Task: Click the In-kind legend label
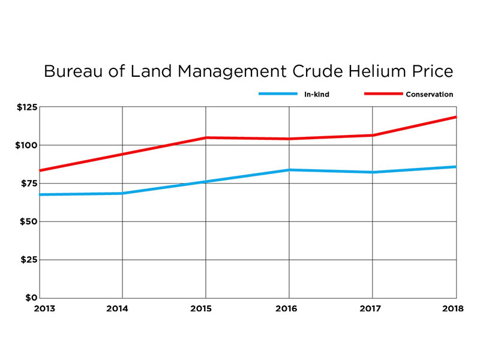(x=317, y=94)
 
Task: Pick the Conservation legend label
(x=430, y=94)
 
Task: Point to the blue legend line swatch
(x=278, y=94)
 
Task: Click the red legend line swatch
(x=383, y=94)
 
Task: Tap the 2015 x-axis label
(x=206, y=308)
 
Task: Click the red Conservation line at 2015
(x=206, y=138)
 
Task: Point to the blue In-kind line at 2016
(x=289, y=170)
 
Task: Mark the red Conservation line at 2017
(x=373, y=136)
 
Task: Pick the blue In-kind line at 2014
(x=122, y=193)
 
